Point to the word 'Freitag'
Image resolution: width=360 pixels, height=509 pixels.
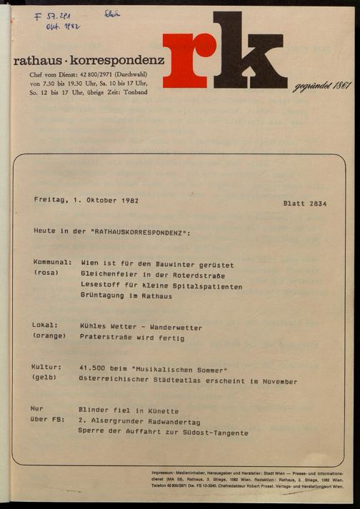51,201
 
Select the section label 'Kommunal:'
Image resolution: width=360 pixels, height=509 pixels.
52,264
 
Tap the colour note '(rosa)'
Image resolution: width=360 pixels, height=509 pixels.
46,274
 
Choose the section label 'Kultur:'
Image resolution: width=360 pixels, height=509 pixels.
48,369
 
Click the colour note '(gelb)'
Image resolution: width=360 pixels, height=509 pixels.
46,380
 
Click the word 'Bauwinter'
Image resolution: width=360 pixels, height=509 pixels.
174,264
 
